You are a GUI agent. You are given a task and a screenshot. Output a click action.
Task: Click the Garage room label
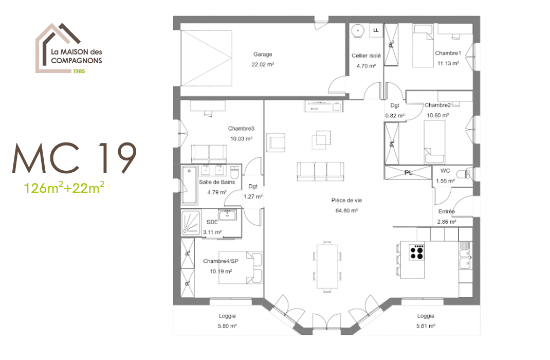pos(262,55)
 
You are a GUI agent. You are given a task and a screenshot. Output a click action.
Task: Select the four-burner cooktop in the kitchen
pos(417,252)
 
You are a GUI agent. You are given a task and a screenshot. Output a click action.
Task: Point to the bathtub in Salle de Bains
pos(188,185)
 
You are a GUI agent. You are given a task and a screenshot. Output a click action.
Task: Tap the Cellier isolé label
pos(366,56)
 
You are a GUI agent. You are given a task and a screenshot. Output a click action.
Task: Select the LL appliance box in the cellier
pos(376,30)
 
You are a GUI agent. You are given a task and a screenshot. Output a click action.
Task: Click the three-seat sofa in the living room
pos(320,170)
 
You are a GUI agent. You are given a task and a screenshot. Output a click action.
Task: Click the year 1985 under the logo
pos(78,71)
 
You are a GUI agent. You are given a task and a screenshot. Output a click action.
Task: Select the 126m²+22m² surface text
pos(65,187)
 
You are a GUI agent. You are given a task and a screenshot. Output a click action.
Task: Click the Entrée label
pos(446,211)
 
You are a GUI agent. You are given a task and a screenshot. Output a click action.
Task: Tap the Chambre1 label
pos(448,53)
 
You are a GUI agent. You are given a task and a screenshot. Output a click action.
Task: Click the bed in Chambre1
pos(423,46)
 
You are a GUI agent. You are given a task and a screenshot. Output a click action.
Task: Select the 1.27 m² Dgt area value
pos(252,196)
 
